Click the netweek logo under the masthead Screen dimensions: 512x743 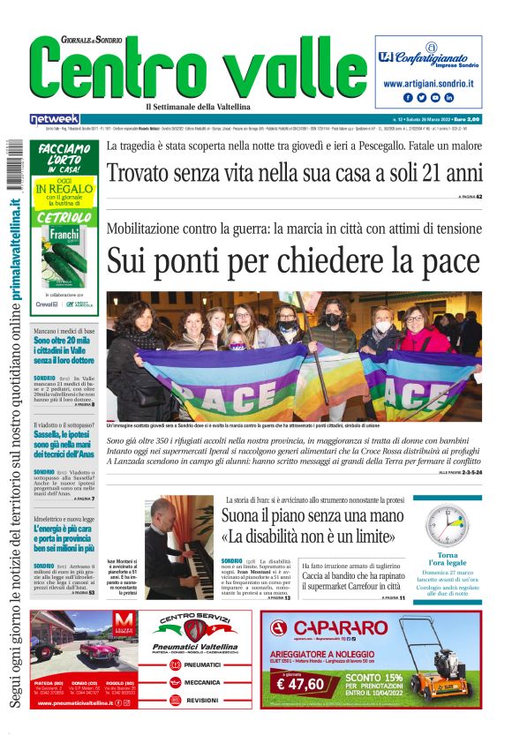55,118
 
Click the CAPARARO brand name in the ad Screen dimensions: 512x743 340,628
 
